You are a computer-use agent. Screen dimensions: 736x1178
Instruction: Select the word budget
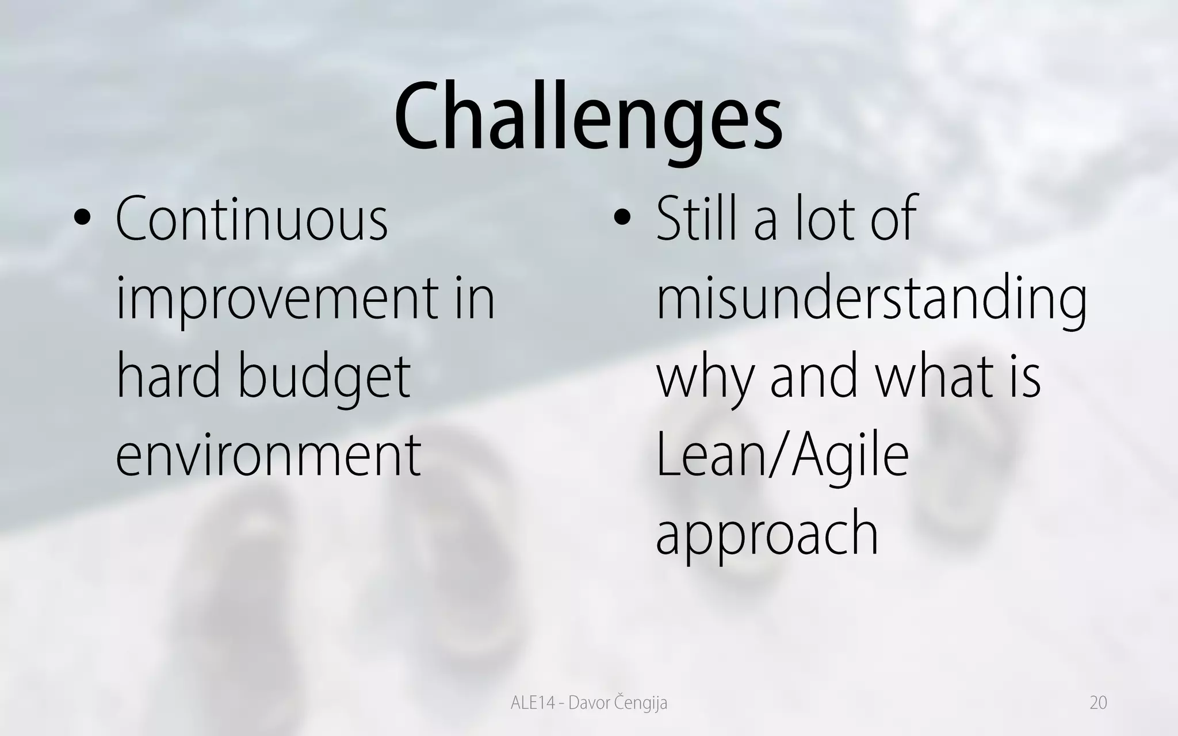coord(324,378)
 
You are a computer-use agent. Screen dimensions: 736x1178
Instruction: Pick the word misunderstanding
coord(871,299)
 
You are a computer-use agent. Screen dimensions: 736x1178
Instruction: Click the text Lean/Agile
coord(782,457)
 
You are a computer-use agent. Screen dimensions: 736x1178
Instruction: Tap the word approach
coord(767,535)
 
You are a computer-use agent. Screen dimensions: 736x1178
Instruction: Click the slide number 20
coord(1098,703)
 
